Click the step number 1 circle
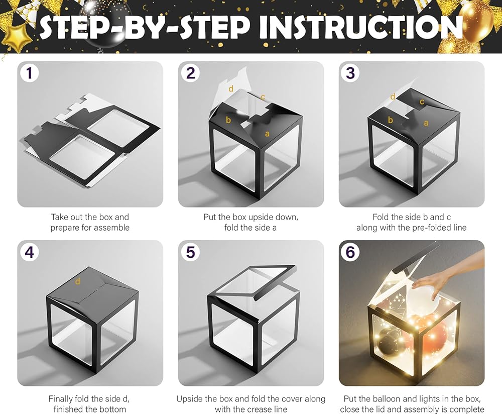[x=29, y=72]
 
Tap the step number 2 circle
[x=190, y=72]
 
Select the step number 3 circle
[x=350, y=72]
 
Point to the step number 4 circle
[x=29, y=252]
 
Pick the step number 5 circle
[x=190, y=252]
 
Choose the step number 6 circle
[x=350, y=252]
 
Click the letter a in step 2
[x=267, y=134]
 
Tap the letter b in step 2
[x=228, y=120]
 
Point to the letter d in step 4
[x=77, y=281]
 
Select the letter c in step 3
[x=422, y=102]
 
